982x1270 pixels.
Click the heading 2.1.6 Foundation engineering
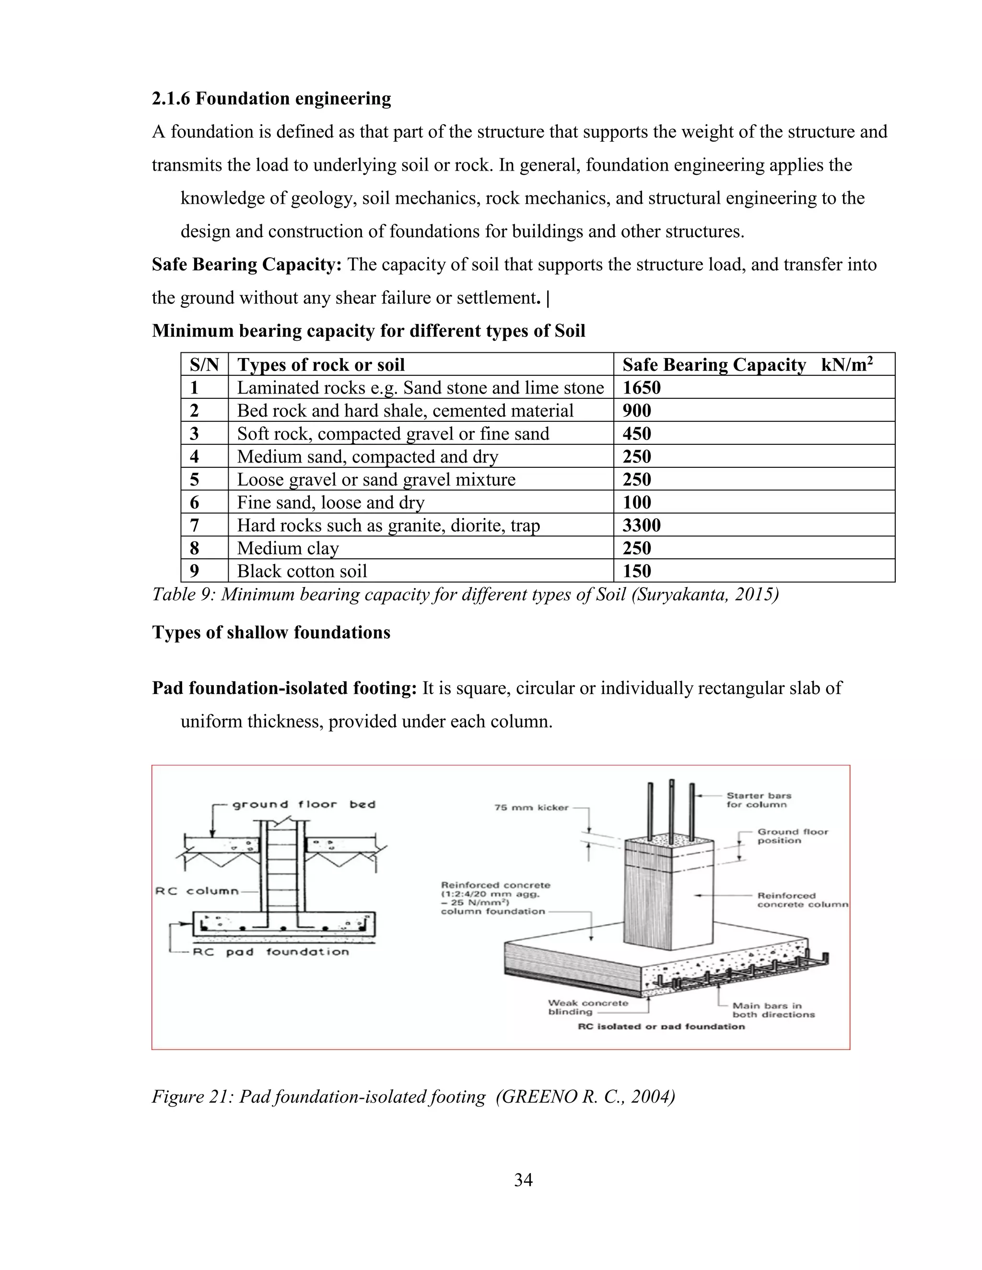click(x=271, y=99)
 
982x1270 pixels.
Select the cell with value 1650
click(x=641, y=388)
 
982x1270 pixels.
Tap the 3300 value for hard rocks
click(x=641, y=526)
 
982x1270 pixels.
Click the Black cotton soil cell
click(x=302, y=571)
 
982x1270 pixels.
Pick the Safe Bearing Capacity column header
click(x=747, y=365)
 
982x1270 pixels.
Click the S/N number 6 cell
click(x=194, y=502)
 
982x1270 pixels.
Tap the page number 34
click(x=523, y=1180)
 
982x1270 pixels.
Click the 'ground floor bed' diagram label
click(x=304, y=805)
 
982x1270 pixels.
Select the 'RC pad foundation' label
click(x=270, y=952)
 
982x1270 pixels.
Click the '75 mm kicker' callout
click(x=531, y=808)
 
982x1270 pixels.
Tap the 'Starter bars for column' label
click(x=759, y=800)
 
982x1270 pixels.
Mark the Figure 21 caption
click(x=413, y=1097)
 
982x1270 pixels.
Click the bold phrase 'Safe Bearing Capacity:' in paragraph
click(x=246, y=265)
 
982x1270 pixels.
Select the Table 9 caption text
click(x=465, y=595)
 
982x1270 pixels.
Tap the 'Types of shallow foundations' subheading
click(x=271, y=633)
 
